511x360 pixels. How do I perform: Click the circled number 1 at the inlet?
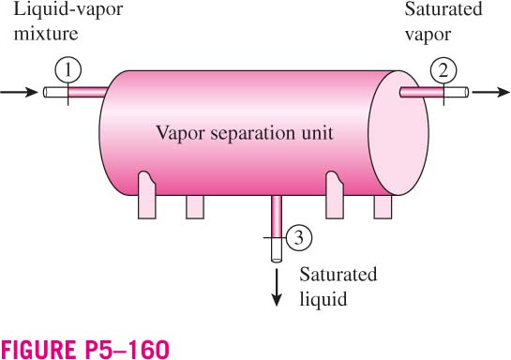[x=68, y=70]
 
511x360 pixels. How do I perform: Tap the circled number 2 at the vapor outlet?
[x=443, y=70]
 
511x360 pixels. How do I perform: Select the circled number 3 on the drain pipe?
[x=299, y=237]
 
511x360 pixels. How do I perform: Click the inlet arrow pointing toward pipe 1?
[x=19, y=92]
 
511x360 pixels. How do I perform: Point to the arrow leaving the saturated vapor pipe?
[x=490, y=92]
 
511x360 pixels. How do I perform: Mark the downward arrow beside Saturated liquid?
[x=277, y=288]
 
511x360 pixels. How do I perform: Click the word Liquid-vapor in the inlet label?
[x=68, y=9]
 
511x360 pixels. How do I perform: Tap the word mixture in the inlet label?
[x=46, y=34]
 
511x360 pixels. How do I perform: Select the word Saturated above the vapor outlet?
[x=443, y=9]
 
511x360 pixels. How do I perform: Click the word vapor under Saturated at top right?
[x=428, y=35]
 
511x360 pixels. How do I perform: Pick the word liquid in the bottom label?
[x=323, y=299]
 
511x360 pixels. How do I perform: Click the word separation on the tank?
[x=253, y=133]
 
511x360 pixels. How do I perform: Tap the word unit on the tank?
[x=318, y=133]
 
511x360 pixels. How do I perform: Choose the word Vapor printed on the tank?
[x=180, y=133]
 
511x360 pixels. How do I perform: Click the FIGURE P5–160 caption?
[x=85, y=350]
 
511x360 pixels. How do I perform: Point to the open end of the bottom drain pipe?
[x=277, y=260]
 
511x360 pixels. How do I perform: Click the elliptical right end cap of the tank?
[x=398, y=133]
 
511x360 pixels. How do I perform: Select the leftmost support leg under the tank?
[x=147, y=195]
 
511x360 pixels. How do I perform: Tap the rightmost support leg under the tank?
[x=383, y=207]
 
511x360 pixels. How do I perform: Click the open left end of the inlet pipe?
[x=46, y=92]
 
